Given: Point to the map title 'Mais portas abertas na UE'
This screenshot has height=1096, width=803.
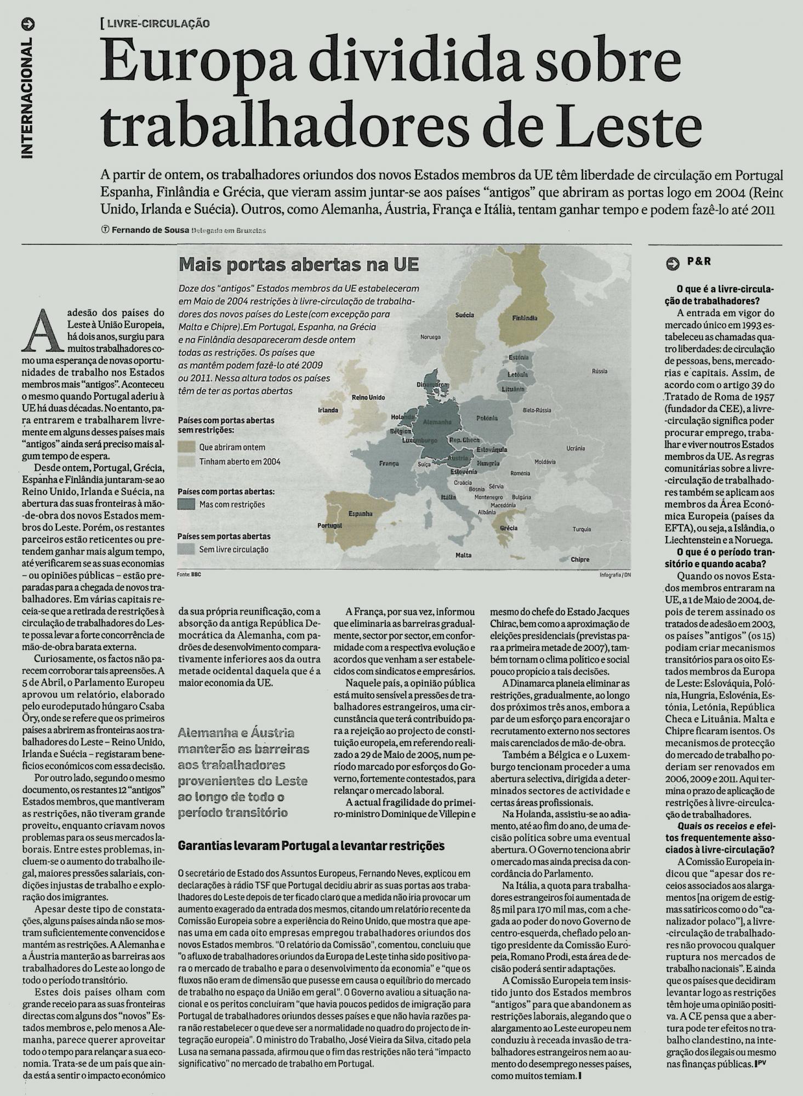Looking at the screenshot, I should pos(299,266).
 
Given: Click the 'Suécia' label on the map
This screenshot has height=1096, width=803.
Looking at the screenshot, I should pos(464,315).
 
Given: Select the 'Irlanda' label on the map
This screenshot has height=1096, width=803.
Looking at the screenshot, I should pos(328,410).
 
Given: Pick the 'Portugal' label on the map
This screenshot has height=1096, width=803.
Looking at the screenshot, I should pos(329,526).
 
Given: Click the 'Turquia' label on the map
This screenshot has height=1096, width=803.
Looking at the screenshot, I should pos(581,529).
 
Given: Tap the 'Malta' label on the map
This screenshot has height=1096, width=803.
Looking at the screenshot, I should pos(463,555).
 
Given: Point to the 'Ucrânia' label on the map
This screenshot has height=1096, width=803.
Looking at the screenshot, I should pos(576,448).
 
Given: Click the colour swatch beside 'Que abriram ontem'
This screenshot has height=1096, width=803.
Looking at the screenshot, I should pos(187,447).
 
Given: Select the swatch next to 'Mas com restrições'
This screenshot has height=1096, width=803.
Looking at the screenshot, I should pos(187,504).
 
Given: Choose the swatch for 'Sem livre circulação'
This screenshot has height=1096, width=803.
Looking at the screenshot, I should pos(187,549).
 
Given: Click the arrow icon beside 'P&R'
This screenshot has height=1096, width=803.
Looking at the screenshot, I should pos(672,262).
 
